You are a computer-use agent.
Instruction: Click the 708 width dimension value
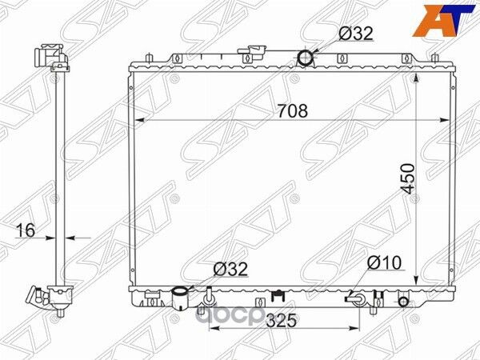[x=293, y=111]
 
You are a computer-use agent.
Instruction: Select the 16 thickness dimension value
[x=26, y=230]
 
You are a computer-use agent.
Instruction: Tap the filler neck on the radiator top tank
[x=254, y=53]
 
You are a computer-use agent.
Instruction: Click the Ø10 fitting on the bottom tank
[x=357, y=299]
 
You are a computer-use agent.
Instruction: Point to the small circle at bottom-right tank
[x=404, y=301]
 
